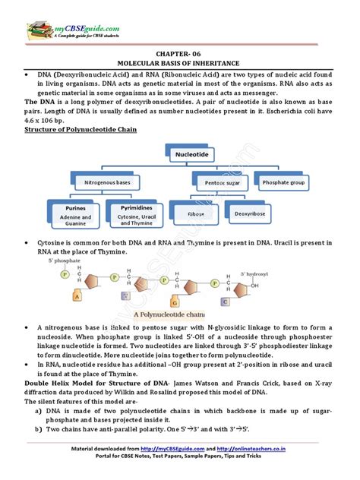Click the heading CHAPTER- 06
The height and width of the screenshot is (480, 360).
[x=180, y=56]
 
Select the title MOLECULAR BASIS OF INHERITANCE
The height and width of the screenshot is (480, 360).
[x=180, y=65]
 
